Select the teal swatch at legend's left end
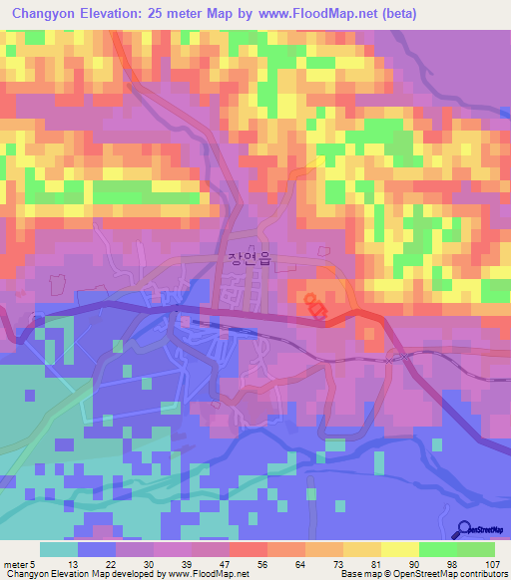(59, 549)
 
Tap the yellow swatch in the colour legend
(400, 549)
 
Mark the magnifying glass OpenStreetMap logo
(466, 530)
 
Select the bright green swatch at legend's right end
(476, 549)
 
